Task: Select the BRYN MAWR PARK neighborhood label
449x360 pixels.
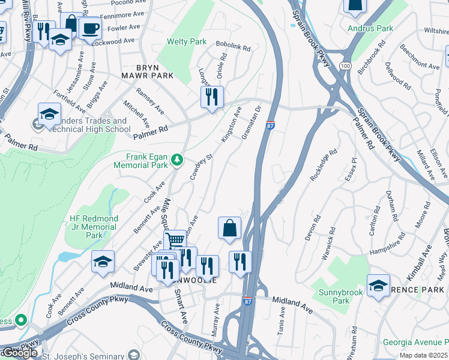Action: (x=146, y=71)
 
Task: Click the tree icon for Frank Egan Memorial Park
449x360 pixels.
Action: (x=176, y=160)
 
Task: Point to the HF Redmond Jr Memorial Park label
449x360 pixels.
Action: (x=94, y=227)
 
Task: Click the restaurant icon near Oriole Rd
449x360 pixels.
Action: (x=212, y=97)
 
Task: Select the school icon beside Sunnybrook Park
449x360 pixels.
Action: (x=378, y=286)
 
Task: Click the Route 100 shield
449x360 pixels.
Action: (x=345, y=64)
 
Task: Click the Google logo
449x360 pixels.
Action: (x=20, y=353)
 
